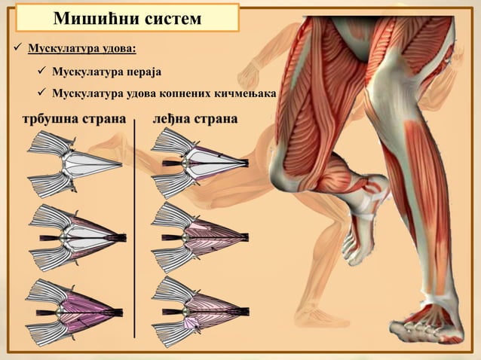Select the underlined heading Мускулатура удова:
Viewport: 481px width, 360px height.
(82, 48)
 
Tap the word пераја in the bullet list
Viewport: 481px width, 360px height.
(143, 72)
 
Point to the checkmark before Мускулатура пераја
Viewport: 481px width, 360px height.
(41, 71)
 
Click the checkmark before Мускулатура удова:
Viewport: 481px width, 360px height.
(17, 47)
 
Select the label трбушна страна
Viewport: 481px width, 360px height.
(74, 119)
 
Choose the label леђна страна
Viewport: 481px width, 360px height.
(195, 119)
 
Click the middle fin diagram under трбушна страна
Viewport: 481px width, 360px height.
(78, 238)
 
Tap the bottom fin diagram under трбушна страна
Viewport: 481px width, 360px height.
(74, 313)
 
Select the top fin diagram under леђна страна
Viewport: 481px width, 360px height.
(200, 163)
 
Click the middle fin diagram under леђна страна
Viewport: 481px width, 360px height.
(200, 236)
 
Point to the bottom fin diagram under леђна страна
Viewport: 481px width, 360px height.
(201, 312)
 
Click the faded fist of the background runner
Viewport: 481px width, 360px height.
(249, 75)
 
